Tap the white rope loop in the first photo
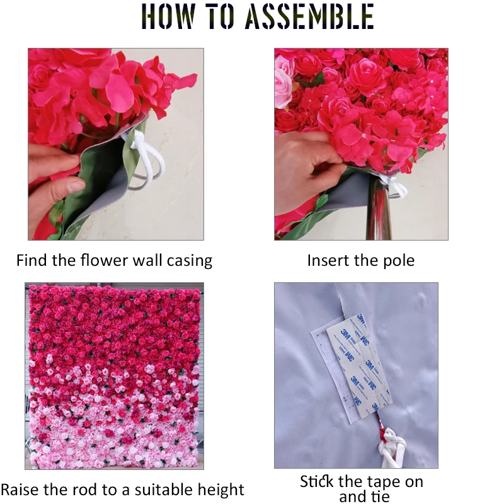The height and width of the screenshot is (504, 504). click(147, 161)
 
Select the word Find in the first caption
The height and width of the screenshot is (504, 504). click(31, 260)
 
